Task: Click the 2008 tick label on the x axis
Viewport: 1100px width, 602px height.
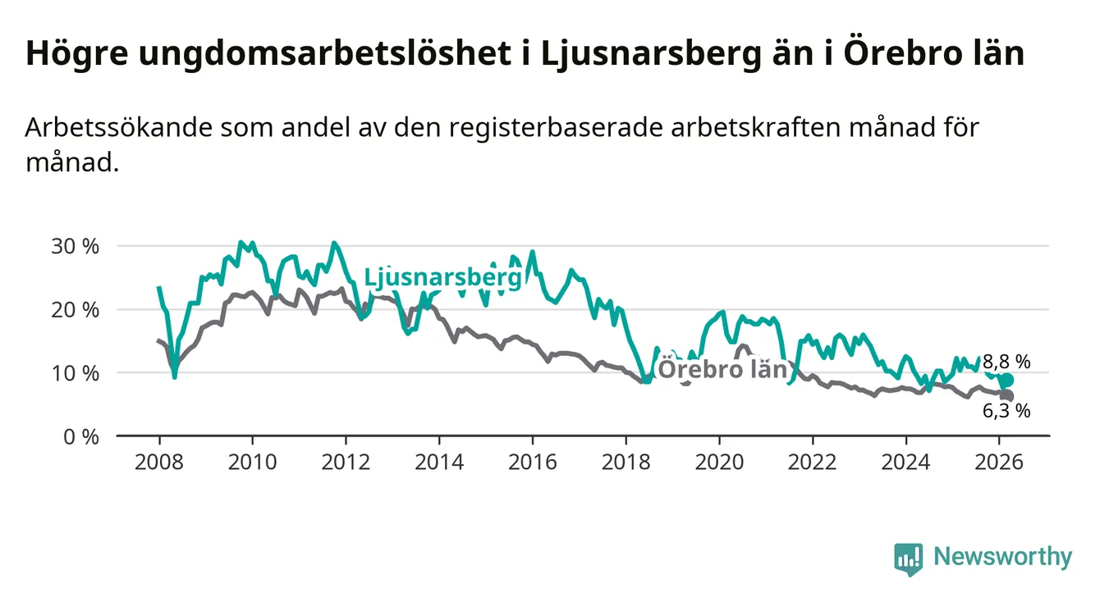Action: (158, 462)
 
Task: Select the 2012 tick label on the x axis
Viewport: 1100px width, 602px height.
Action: (346, 462)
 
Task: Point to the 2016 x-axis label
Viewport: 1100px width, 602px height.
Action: (532, 462)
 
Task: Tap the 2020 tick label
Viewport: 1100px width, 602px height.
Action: (719, 462)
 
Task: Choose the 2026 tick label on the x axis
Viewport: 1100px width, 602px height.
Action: (999, 462)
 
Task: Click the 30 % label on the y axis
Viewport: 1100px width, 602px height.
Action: (76, 246)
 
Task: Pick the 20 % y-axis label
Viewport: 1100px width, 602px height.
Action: (76, 309)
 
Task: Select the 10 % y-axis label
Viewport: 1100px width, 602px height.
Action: (76, 372)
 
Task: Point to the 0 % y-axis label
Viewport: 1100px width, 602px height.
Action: (80, 436)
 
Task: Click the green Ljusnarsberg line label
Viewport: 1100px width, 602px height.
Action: (442, 277)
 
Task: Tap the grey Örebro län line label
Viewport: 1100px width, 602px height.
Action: (723, 369)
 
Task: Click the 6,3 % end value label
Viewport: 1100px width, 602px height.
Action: (1006, 412)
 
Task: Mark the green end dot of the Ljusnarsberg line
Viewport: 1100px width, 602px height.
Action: (1006, 381)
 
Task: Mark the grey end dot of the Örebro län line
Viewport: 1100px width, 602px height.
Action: (1007, 396)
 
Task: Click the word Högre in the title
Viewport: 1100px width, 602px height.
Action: (72, 54)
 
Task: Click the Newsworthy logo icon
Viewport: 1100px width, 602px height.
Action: (908, 559)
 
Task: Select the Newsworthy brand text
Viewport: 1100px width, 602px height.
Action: (1002, 558)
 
